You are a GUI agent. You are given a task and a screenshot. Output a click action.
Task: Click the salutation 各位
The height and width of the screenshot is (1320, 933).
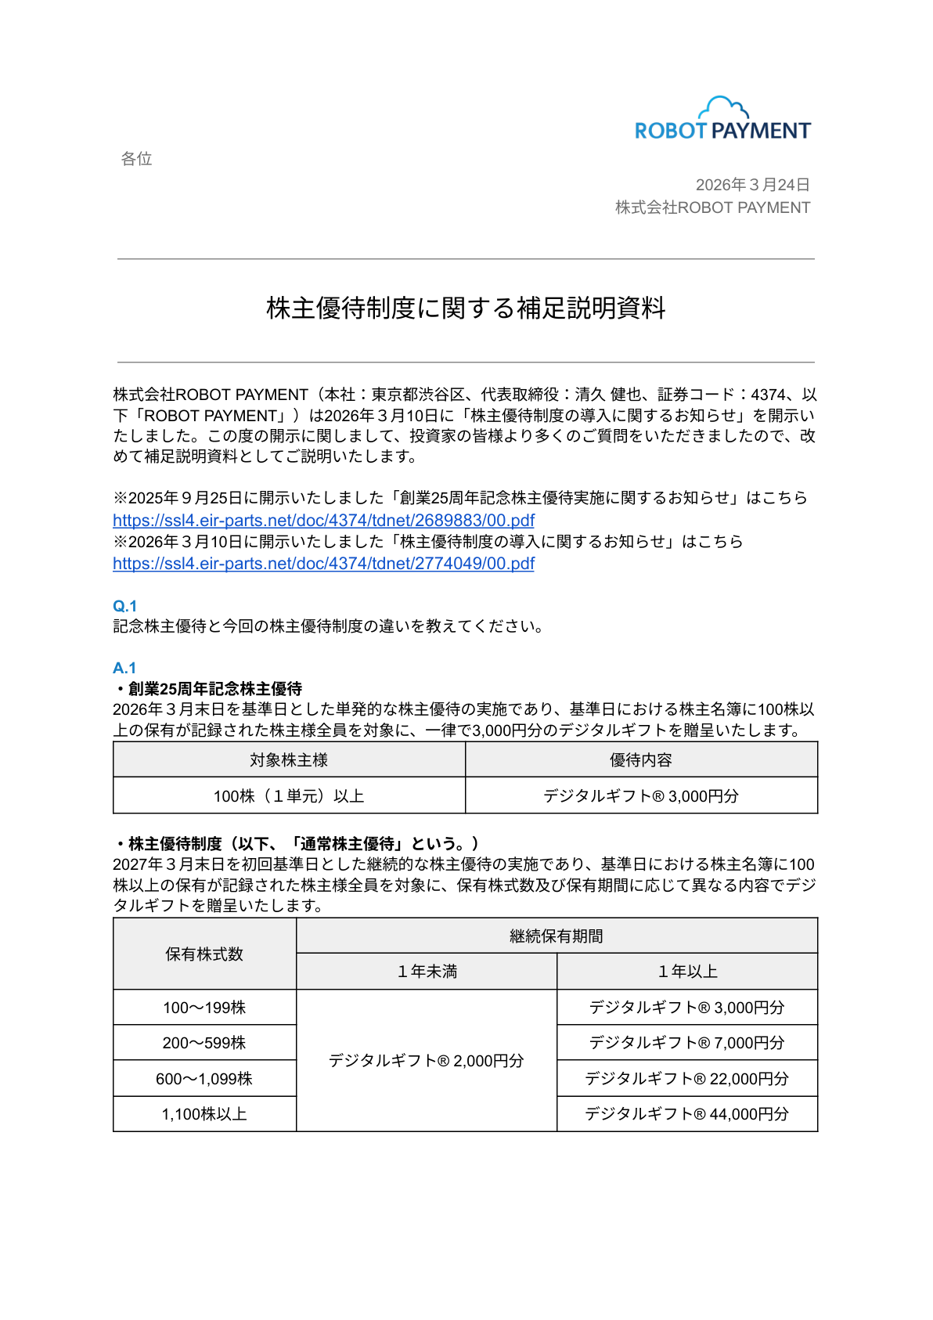click(136, 159)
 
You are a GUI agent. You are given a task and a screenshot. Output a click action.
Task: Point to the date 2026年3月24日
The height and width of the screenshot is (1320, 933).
click(752, 185)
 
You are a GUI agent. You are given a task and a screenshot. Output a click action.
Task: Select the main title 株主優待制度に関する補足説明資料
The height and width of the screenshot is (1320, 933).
click(466, 308)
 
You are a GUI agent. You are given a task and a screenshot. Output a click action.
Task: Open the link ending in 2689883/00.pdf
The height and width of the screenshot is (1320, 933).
click(323, 521)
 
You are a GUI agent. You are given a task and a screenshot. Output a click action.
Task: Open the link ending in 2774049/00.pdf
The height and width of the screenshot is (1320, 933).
click(323, 564)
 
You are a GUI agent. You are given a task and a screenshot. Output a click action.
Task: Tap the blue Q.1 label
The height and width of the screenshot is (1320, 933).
click(124, 606)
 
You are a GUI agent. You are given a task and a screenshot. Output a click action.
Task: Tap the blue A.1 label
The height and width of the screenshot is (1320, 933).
click(124, 668)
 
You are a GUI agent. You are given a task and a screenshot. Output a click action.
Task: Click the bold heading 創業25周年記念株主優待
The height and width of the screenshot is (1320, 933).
click(214, 689)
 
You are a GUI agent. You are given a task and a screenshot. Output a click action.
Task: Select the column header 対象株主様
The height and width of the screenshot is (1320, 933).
click(289, 760)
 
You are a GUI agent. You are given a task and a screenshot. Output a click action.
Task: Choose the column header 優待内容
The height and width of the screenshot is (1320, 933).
click(641, 760)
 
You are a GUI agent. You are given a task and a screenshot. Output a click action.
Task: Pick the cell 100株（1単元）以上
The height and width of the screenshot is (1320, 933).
click(289, 796)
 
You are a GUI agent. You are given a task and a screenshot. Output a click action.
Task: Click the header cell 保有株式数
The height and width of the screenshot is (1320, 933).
click(204, 954)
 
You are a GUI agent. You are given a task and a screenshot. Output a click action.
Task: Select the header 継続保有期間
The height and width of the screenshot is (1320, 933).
click(557, 936)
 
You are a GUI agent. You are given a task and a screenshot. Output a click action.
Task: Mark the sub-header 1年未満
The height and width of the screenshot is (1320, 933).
click(427, 972)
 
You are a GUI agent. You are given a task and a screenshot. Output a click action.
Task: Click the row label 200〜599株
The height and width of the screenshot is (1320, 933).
click(204, 1043)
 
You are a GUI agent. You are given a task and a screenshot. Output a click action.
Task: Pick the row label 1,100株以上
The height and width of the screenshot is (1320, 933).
click(204, 1114)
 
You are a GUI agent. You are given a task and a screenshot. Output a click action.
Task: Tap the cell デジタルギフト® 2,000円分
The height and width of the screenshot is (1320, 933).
click(427, 1061)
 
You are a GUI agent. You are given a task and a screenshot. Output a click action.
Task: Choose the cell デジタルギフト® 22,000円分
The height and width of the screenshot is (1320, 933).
click(686, 1079)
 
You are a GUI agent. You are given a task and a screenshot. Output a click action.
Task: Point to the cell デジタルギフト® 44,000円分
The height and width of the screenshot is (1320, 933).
click(686, 1114)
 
